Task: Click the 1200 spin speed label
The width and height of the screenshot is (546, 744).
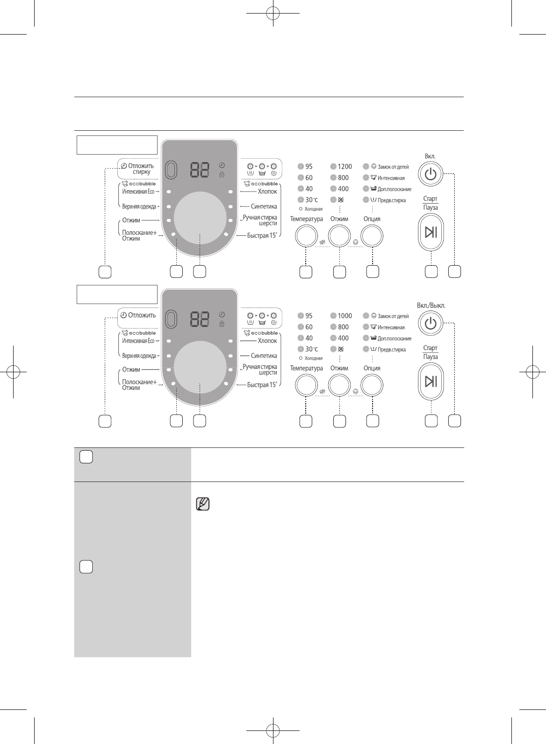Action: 345,166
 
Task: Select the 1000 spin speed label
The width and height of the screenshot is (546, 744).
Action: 345,316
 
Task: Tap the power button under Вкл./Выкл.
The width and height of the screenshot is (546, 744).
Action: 431,324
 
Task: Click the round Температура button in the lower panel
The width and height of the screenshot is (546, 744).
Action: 306,386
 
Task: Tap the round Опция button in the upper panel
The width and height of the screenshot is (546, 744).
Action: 372,236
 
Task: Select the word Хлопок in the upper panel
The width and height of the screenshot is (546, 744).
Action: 267,191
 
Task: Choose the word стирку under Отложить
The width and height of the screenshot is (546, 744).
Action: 141,172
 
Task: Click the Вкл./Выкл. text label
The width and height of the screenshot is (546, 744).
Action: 431,305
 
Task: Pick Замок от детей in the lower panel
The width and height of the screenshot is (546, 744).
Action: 393,316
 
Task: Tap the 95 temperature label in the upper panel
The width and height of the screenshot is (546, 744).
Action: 309,166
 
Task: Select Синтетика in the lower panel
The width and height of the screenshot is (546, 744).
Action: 264,356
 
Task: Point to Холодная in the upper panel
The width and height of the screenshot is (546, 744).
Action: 314,209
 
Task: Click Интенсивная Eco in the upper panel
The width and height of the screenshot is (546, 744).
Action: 138,191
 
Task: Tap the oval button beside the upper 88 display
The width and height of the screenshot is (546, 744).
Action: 172,170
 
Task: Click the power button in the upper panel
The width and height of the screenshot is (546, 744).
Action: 431,175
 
